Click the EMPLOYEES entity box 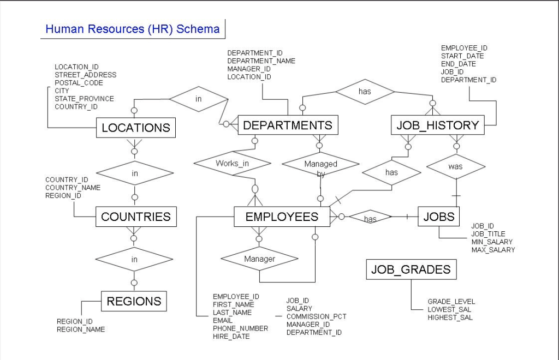[x=282, y=217]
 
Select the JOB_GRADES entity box [x=411, y=269]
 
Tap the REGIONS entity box [x=134, y=301]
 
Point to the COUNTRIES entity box [x=136, y=217]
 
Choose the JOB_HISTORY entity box [x=437, y=125]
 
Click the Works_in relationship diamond [x=232, y=163]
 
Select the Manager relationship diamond [x=259, y=259]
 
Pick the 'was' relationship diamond [x=456, y=166]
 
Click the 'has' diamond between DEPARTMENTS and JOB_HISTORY [x=365, y=92]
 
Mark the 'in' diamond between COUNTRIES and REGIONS [x=134, y=259]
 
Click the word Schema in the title [x=200, y=29]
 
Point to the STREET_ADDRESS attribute [x=85, y=75]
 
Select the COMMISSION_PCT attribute [x=316, y=316]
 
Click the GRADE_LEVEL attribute [x=451, y=301]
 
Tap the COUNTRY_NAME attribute [x=73, y=188]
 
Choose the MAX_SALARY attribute [x=493, y=250]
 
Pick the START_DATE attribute [x=462, y=56]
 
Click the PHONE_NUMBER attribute [x=240, y=328]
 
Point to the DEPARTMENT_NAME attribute [x=261, y=61]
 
